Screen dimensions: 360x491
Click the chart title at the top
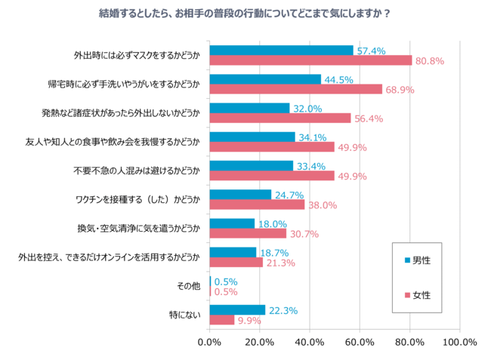pos(246,14)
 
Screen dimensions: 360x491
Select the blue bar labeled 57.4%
pos(281,51)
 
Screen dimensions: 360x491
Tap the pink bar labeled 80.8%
pos(310,60)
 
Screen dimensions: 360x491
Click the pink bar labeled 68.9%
pos(295,89)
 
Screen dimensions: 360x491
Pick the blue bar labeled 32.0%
pos(249,108)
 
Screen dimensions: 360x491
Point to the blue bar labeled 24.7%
pos(240,195)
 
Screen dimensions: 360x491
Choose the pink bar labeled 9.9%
pos(221,320)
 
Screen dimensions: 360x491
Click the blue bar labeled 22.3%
pos(237,310)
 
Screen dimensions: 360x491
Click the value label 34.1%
pos(313,137)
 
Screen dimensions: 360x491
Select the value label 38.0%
pos(322,205)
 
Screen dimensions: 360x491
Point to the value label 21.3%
pos(279,263)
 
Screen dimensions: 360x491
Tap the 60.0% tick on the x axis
pos(360,342)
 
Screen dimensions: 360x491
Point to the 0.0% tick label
pos(209,342)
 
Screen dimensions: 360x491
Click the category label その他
pos(189,287)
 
